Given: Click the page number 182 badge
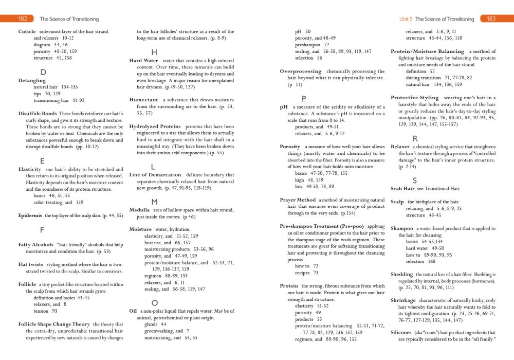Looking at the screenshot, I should click(23, 19).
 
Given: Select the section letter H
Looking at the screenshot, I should click(154, 52).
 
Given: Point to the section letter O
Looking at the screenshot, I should click(154, 302).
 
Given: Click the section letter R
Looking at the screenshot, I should click(415, 139).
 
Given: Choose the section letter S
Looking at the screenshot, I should click(415, 180).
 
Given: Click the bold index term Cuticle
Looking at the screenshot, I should click(27, 31).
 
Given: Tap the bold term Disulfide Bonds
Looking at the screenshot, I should click(37, 113).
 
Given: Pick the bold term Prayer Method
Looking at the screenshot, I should click(298, 200).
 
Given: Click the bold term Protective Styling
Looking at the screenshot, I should click(414, 97).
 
